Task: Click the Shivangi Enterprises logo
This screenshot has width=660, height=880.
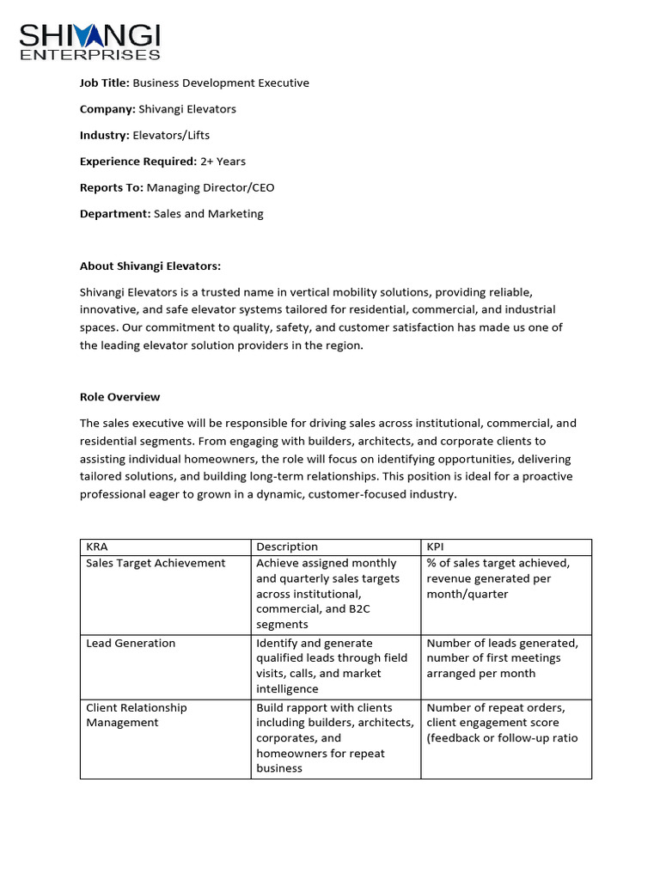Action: [x=90, y=41]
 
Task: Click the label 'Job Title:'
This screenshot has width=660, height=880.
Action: [x=104, y=83]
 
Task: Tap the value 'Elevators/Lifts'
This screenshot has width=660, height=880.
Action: [x=171, y=135]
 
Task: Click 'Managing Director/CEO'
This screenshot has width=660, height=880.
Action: [x=211, y=187]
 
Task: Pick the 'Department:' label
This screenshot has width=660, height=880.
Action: [x=115, y=213]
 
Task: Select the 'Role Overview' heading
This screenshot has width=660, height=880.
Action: [x=119, y=397]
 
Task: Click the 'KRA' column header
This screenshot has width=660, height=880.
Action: [x=97, y=547]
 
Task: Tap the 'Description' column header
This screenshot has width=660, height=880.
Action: [x=287, y=547]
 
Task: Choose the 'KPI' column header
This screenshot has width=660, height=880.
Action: [x=437, y=547]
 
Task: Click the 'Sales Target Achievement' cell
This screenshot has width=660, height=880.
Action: [x=156, y=563]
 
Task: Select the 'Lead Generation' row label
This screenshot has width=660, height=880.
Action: [x=131, y=643]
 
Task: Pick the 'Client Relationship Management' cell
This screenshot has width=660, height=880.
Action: [x=136, y=715]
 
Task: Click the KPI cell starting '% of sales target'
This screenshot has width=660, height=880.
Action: [x=498, y=578]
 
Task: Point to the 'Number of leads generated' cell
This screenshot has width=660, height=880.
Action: [x=502, y=658]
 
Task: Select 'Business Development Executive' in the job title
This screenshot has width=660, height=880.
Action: [x=221, y=83]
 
